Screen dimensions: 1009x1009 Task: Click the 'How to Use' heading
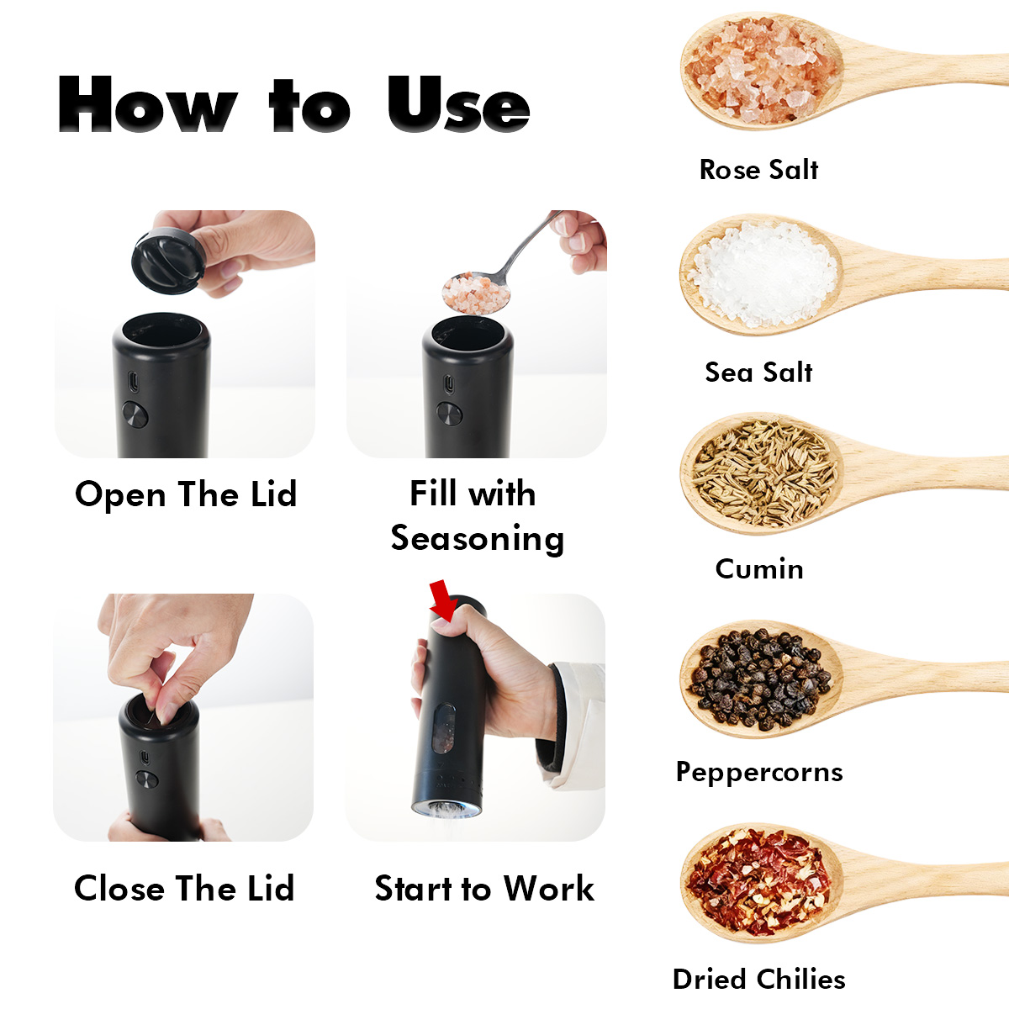click(x=293, y=103)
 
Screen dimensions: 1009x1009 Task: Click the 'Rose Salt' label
click(x=758, y=170)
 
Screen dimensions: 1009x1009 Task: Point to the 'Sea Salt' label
click(x=758, y=372)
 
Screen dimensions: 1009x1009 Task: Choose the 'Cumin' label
click(x=758, y=569)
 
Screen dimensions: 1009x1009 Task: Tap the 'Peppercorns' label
click(x=758, y=773)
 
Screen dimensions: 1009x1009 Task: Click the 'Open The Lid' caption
click(x=186, y=494)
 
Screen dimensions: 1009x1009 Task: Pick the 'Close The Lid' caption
click(x=184, y=888)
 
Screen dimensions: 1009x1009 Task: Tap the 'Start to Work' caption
click(x=484, y=889)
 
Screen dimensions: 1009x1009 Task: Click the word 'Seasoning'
click(x=478, y=539)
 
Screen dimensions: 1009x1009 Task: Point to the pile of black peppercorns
click(x=759, y=679)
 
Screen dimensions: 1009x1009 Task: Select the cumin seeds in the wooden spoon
click(x=764, y=474)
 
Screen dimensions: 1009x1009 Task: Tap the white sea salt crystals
click(x=762, y=274)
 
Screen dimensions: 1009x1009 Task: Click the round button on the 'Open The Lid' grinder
click(x=135, y=415)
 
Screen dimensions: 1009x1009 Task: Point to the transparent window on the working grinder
click(x=444, y=728)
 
